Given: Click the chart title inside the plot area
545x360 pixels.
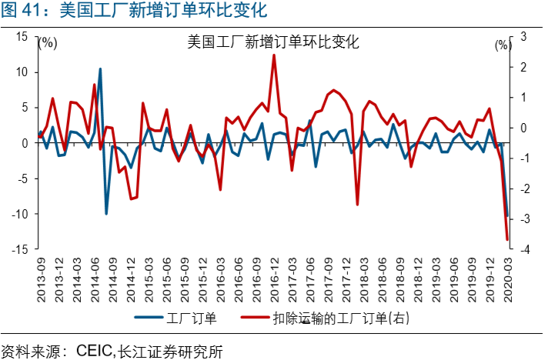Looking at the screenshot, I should coord(273,42).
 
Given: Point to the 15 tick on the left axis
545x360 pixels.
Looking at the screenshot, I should coord(22,36).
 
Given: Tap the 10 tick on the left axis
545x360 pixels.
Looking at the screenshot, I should coord(22,72).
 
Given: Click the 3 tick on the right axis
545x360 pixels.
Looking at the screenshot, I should coord(523,36).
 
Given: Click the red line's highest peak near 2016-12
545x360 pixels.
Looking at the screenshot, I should coord(274,55).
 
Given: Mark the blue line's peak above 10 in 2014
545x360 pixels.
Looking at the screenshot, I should coord(100,69).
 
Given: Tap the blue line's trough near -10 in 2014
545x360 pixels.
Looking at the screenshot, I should coord(106,213).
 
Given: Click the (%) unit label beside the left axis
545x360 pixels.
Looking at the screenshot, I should coord(48,43).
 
